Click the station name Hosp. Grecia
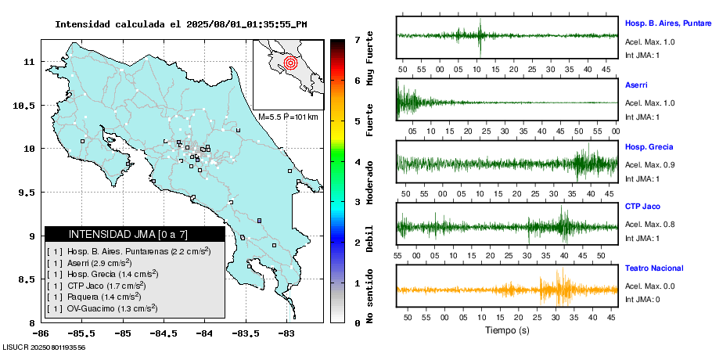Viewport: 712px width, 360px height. click(x=649, y=146)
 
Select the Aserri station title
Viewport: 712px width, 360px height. click(x=636, y=84)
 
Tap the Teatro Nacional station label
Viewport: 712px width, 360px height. click(x=654, y=268)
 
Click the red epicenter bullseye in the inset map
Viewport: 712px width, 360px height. click(x=290, y=62)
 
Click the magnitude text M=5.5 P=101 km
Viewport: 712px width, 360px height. click(x=288, y=117)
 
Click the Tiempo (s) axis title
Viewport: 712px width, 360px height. click(x=507, y=330)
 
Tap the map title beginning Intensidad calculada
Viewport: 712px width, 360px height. click(x=181, y=23)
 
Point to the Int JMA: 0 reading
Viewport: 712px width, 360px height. click(x=643, y=298)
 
